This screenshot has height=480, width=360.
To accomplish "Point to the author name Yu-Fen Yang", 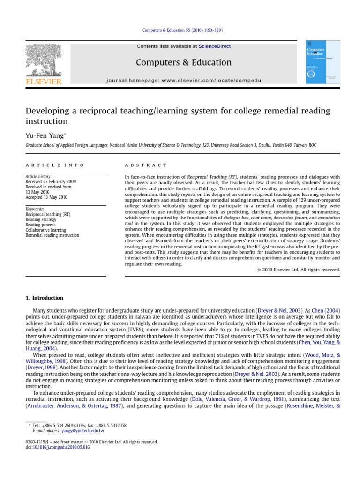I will (x=45, y=135).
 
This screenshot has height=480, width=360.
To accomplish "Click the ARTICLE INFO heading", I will (x=55, y=165).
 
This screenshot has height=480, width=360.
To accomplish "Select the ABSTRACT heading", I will (x=145, y=165).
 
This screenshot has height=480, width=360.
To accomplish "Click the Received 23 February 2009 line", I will (x=50, y=182).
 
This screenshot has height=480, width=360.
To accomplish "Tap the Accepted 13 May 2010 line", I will (x=46, y=197).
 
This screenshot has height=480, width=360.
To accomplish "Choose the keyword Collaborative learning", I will (x=45, y=230).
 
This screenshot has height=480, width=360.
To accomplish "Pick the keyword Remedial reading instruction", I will (x=52, y=235).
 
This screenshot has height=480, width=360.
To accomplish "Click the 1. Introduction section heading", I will (x=44, y=298).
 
